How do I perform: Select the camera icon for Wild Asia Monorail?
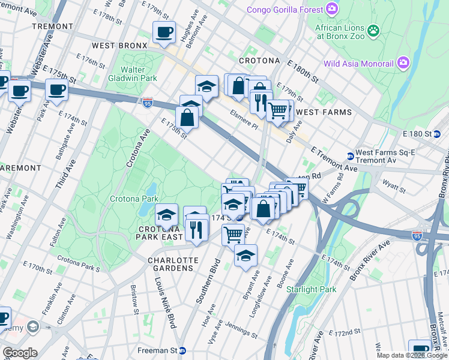click(402, 63)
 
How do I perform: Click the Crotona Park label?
click(133, 199)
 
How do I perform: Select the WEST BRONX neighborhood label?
click(119, 46)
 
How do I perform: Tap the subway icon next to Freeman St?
click(182, 350)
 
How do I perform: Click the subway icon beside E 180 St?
click(438, 133)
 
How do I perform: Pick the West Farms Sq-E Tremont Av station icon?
click(350, 156)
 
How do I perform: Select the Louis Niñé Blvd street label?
click(164, 305)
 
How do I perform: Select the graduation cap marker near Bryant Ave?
click(246, 255)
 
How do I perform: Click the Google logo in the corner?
click(19, 353)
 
